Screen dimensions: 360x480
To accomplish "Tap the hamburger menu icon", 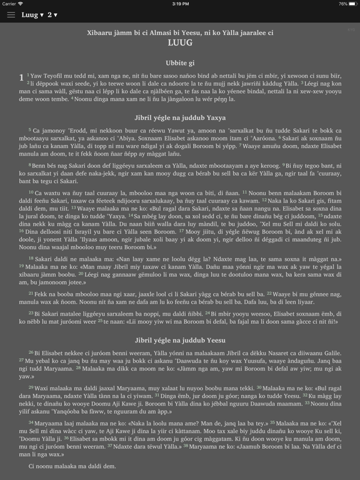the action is (11, 15).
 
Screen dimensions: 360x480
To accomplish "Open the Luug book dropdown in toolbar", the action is (32, 15).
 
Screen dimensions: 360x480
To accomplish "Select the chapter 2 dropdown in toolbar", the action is (52, 15).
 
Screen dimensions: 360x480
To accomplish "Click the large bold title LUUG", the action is (180, 43).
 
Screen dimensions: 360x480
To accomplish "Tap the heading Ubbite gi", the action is (180, 62).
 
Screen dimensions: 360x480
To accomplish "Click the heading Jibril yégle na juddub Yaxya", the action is (180, 117).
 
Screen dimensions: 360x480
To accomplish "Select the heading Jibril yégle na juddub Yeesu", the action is (180, 340).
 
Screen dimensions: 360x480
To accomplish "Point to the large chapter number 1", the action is (22, 77).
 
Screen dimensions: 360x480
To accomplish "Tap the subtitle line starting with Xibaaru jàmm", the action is (180, 32).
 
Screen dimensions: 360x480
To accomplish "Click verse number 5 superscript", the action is (29, 129).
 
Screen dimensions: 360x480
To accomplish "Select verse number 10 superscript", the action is (31, 192).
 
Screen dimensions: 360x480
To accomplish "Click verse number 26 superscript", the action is (31, 352).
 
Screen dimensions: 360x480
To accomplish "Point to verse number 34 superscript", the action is (31, 422).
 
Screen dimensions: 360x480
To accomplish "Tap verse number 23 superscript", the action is (31, 311).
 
